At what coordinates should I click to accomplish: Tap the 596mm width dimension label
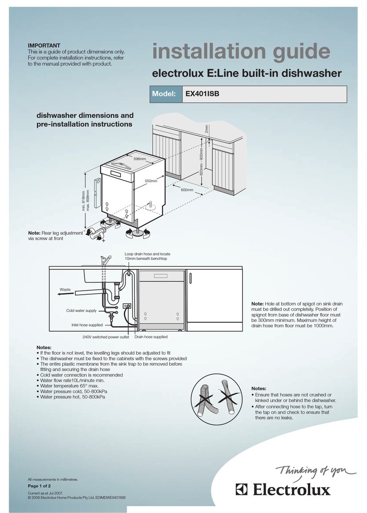tap(140, 159)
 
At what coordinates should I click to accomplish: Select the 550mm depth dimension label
tap(151, 181)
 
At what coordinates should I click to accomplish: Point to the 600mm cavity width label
tap(187, 190)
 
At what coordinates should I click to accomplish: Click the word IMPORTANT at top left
tap(44, 45)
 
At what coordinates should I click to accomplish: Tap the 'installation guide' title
tap(241, 52)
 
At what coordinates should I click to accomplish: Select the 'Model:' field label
tap(164, 94)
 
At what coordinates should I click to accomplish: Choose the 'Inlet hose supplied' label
tap(87, 325)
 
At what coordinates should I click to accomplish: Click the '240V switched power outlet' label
tap(106, 337)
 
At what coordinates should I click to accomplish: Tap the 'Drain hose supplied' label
tap(151, 337)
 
